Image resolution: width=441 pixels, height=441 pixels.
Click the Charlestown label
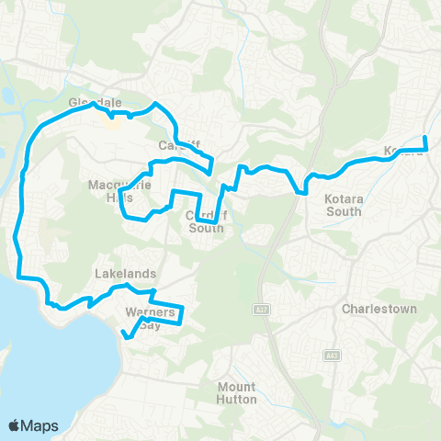coord(380,310)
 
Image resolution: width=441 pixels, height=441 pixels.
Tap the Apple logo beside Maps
coord(15,424)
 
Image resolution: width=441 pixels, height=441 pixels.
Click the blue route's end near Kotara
coord(425,138)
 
